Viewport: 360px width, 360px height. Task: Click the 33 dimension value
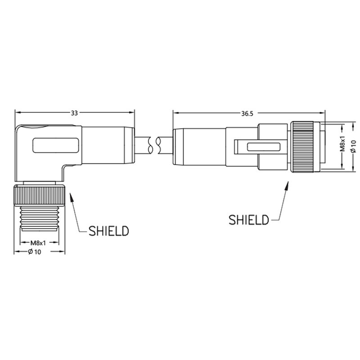pyautogui.click(x=74, y=113)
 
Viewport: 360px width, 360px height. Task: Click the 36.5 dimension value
pyautogui.click(x=247, y=113)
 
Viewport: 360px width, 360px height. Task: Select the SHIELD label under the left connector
pyautogui.click(x=108, y=231)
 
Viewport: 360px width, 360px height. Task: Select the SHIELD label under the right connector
pyautogui.click(x=249, y=220)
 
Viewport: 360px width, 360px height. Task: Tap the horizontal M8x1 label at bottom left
pyautogui.click(x=38, y=243)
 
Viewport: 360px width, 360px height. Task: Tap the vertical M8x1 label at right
pyautogui.click(x=342, y=144)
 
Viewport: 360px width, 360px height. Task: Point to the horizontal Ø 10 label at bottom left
pyautogui.click(x=35, y=252)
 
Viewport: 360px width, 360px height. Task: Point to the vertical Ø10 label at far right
pyautogui.click(x=353, y=147)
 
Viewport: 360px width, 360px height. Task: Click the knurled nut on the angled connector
pyautogui.click(x=40, y=195)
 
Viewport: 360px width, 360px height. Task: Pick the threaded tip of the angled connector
pyautogui.click(x=40, y=218)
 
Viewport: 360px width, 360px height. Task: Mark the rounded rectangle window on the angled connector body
pyautogui.click(x=55, y=145)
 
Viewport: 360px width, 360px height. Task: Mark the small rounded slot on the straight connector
pyautogui.click(x=263, y=147)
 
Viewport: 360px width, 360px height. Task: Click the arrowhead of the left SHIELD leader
pyautogui.click(x=71, y=197)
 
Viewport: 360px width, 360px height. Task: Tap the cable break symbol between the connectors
pyautogui.click(x=154, y=145)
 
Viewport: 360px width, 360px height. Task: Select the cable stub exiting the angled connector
pyautogui.click(x=143, y=145)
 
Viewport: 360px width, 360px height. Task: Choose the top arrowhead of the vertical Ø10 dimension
pyautogui.click(x=354, y=126)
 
